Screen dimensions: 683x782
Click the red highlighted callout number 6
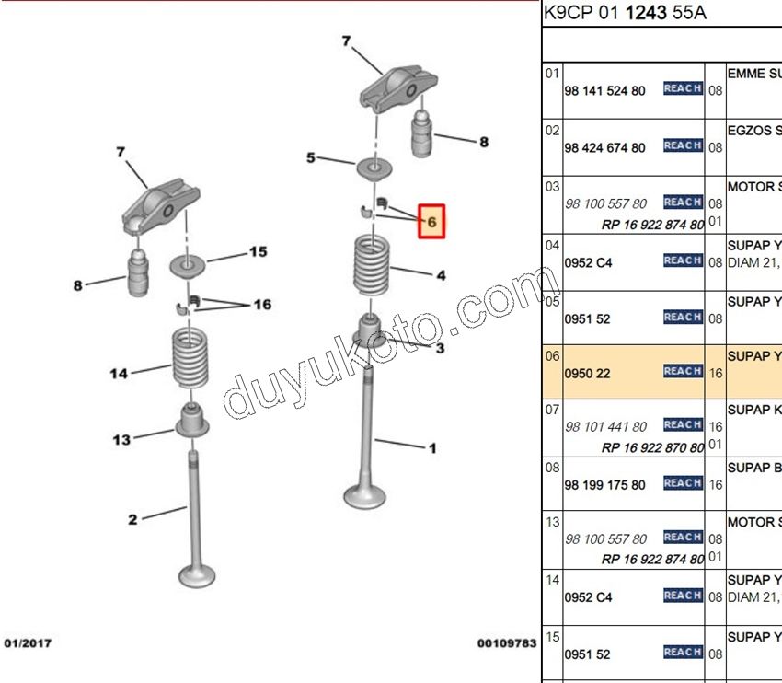click(x=431, y=221)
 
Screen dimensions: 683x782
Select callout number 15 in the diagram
click(x=258, y=251)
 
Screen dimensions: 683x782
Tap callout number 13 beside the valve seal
click(x=121, y=440)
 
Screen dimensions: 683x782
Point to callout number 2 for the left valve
click(x=132, y=520)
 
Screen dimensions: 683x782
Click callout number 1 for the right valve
click(x=432, y=448)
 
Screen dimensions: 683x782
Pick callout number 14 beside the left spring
click(x=118, y=374)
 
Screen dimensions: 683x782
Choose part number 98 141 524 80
click(x=605, y=90)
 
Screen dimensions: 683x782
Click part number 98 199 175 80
click(x=605, y=485)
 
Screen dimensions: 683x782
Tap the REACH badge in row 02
click(x=683, y=145)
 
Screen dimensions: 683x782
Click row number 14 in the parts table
click(x=552, y=581)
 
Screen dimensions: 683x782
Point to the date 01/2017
click(x=28, y=642)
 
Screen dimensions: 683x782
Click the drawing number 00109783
click(x=505, y=642)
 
